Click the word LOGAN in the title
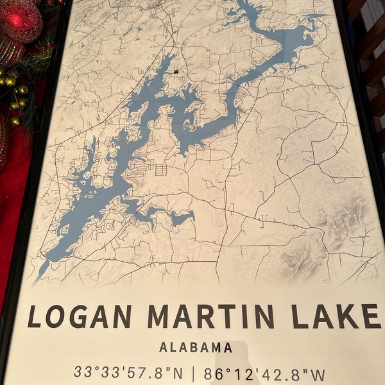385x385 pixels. pos(80,317)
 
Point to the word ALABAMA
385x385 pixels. pos(196,348)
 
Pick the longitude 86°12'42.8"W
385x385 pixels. pos(265,373)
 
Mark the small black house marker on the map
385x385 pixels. pos(175,71)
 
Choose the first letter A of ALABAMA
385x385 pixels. pos(164,348)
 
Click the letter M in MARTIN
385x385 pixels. pos(160,317)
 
